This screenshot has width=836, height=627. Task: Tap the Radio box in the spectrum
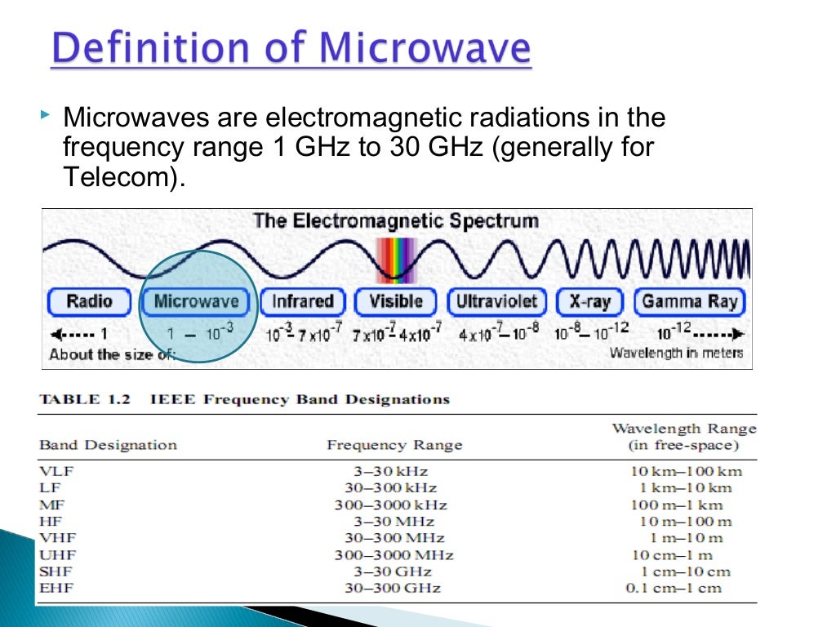click(89, 301)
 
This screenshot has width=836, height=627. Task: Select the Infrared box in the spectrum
click(302, 301)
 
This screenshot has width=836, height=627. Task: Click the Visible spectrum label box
click(396, 301)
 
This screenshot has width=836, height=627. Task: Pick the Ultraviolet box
click(496, 301)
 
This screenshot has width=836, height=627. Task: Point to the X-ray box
click(589, 301)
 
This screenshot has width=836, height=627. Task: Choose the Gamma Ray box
click(689, 301)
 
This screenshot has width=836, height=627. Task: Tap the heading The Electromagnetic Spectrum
click(395, 220)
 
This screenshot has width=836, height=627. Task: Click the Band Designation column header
click(108, 445)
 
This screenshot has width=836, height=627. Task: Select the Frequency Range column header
click(394, 445)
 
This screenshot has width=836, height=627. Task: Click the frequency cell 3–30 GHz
click(394, 571)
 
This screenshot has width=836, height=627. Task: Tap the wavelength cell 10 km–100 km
click(686, 471)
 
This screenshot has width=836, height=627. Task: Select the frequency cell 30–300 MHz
click(394, 538)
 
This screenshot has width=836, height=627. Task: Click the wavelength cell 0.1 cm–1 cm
click(674, 589)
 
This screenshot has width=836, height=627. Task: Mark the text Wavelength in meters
click(676, 353)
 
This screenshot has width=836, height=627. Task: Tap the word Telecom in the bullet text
click(116, 177)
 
